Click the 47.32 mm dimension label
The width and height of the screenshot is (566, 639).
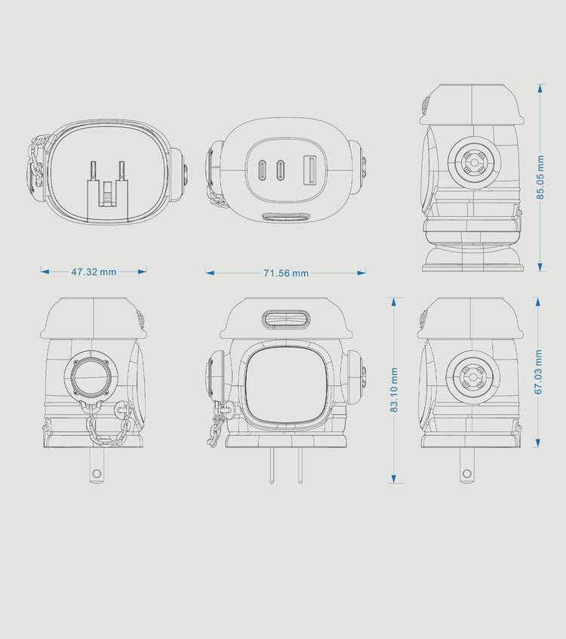coord(94,272)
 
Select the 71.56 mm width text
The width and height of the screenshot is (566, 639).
coord(286,273)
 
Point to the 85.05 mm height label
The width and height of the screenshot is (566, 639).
coord(540,177)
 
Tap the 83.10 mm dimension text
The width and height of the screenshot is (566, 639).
coord(394,390)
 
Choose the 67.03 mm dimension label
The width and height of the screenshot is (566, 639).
coord(538,372)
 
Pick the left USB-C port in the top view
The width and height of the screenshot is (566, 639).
coord(261,170)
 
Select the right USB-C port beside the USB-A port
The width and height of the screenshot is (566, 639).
coord(280,170)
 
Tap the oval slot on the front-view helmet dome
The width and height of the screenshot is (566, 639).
coord(285,319)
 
